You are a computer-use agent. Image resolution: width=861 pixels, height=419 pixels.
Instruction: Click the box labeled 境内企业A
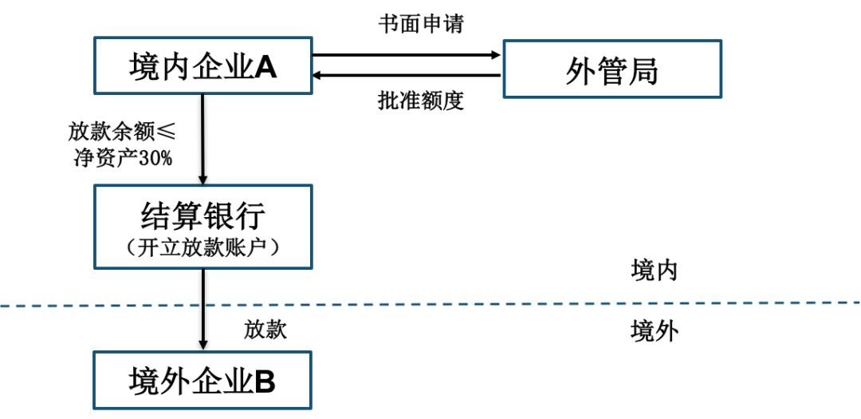click(x=203, y=65)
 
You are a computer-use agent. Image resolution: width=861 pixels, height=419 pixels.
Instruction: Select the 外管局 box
click(x=612, y=69)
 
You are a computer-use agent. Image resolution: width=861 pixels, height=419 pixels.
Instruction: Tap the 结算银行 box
click(x=203, y=227)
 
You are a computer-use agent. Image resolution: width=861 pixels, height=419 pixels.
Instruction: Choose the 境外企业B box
click(x=202, y=381)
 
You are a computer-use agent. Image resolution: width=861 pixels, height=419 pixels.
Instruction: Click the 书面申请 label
click(x=421, y=23)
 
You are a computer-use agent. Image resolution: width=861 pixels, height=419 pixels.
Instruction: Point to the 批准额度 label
click(x=421, y=101)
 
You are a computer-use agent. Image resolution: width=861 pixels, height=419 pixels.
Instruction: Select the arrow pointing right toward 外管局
click(x=407, y=54)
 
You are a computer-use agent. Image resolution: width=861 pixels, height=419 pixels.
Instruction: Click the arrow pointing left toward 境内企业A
click(x=407, y=75)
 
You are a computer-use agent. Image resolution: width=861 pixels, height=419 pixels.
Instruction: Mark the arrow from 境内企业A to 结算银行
click(x=202, y=139)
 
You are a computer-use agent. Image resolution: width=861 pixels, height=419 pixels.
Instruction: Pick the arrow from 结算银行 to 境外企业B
click(x=203, y=310)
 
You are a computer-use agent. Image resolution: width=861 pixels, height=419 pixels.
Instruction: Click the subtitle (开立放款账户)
click(x=203, y=248)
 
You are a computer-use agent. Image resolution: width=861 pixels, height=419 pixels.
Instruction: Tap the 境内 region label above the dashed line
click(x=654, y=271)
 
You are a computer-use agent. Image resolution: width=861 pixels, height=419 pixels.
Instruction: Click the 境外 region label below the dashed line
click(x=655, y=331)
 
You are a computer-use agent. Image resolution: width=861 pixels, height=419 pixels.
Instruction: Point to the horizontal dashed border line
click(x=431, y=304)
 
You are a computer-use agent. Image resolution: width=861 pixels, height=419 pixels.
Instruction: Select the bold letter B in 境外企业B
click(x=265, y=381)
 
